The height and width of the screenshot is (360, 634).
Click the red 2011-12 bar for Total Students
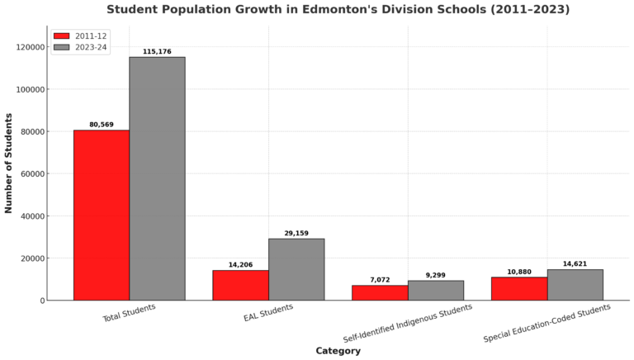click(102, 215)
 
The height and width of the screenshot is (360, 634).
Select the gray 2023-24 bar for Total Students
click(157, 178)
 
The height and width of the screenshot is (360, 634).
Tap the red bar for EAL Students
click(240, 285)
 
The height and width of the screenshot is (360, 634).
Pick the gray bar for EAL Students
click(296, 269)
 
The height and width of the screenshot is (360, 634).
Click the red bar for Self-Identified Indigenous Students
click(380, 292)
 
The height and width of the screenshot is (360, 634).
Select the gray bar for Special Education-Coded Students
click(575, 285)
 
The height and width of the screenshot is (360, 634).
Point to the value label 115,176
click(157, 52)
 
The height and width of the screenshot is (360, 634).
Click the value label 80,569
click(102, 125)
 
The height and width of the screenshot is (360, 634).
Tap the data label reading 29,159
click(296, 234)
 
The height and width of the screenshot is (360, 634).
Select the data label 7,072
click(380, 280)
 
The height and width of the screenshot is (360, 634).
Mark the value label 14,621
click(575, 264)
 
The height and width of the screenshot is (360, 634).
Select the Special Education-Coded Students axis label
click(547, 323)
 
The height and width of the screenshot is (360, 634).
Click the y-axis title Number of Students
click(9, 163)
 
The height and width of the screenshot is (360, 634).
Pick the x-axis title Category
click(338, 351)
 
